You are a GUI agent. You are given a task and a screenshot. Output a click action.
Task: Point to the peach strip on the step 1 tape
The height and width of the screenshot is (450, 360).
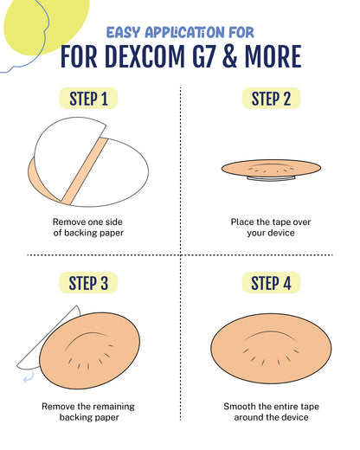click(x=83, y=169)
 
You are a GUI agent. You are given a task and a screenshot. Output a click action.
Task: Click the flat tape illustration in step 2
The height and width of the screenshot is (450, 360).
click(x=270, y=168)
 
